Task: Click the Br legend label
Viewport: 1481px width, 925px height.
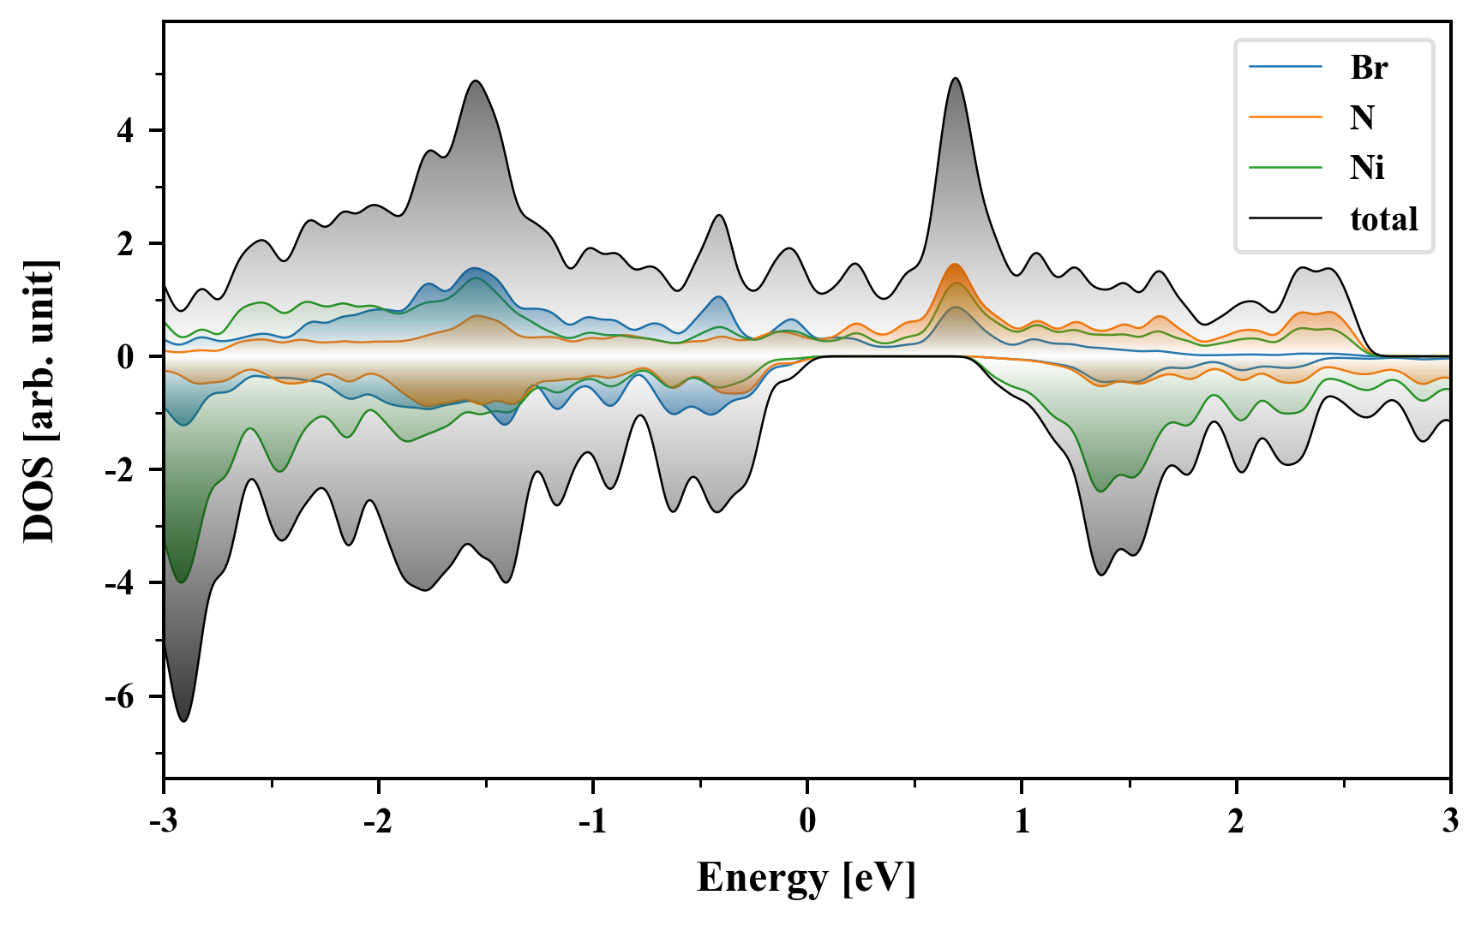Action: (x=1369, y=67)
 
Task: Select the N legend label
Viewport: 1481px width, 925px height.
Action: (x=1362, y=117)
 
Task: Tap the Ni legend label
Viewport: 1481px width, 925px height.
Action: (x=1367, y=167)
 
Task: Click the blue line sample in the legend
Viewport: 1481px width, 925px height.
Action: (x=1286, y=67)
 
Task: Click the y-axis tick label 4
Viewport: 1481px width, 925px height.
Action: (x=126, y=131)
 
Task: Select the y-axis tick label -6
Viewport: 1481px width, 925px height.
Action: (x=121, y=696)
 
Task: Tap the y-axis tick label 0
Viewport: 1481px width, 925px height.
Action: (x=126, y=357)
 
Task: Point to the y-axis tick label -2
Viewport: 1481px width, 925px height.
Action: (x=121, y=470)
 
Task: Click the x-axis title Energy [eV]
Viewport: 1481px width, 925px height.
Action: (x=806, y=878)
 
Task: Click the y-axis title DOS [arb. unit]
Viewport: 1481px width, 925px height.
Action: (x=39, y=401)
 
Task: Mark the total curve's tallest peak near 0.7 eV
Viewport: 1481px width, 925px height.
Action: (x=956, y=79)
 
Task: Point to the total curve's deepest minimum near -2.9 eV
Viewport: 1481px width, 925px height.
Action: (x=183, y=720)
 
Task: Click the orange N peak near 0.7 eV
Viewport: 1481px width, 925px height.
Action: (x=955, y=265)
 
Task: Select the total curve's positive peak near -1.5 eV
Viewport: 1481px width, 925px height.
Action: (x=476, y=81)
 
